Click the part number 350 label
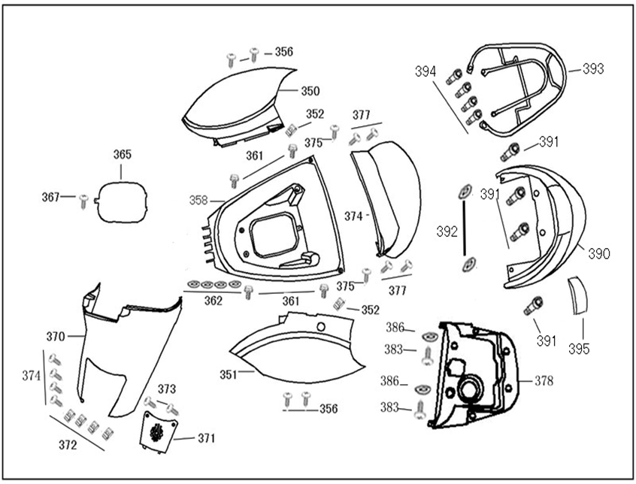pyautogui.click(x=310, y=91)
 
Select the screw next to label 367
pyautogui.click(x=84, y=199)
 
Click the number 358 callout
pyautogui.click(x=198, y=201)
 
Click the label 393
pyautogui.click(x=593, y=68)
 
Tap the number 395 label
pyautogui.click(x=579, y=349)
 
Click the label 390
pyautogui.click(x=599, y=254)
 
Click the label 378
pyautogui.click(x=544, y=381)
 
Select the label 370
pyautogui.click(x=56, y=336)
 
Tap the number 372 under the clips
pyautogui.click(x=68, y=445)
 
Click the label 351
pyautogui.click(x=228, y=374)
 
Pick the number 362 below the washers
pyautogui.click(x=214, y=301)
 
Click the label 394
pyautogui.click(x=426, y=71)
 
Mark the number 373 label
pyautogui.click(x=167, y=389)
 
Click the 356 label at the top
pyautogui.click(x=283, y=52)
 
